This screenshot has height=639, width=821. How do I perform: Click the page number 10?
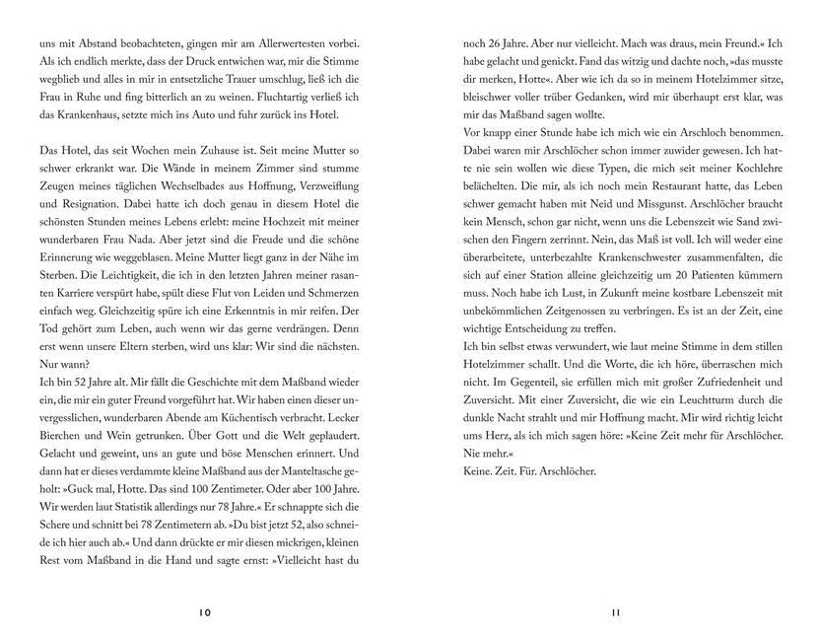tap(204, 612)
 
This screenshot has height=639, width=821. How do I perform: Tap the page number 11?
tap(615, 612)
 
